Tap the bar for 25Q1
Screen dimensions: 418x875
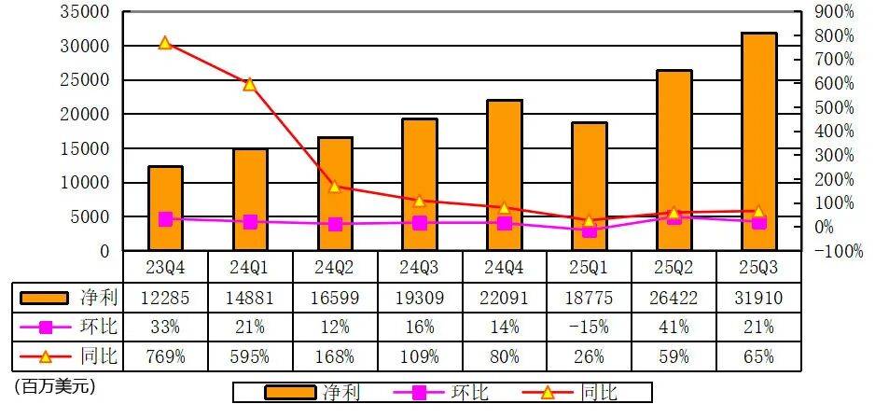(x=589, y=187)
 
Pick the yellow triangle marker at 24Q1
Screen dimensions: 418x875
(x=249, y=85)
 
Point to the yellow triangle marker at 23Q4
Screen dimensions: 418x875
(x=165, y=43)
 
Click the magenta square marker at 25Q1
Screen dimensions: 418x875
(x=589, y=230)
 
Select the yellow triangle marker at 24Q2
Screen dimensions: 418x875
(x=334, y=186)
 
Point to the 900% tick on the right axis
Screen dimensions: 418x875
(x=833, y=12)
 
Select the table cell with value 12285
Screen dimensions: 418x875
(x=165, y=297)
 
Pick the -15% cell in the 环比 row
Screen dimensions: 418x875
(x=589, y=327)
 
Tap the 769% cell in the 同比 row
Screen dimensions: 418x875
(x=165, y=356)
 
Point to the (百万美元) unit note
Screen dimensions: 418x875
(x=55, y=384)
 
